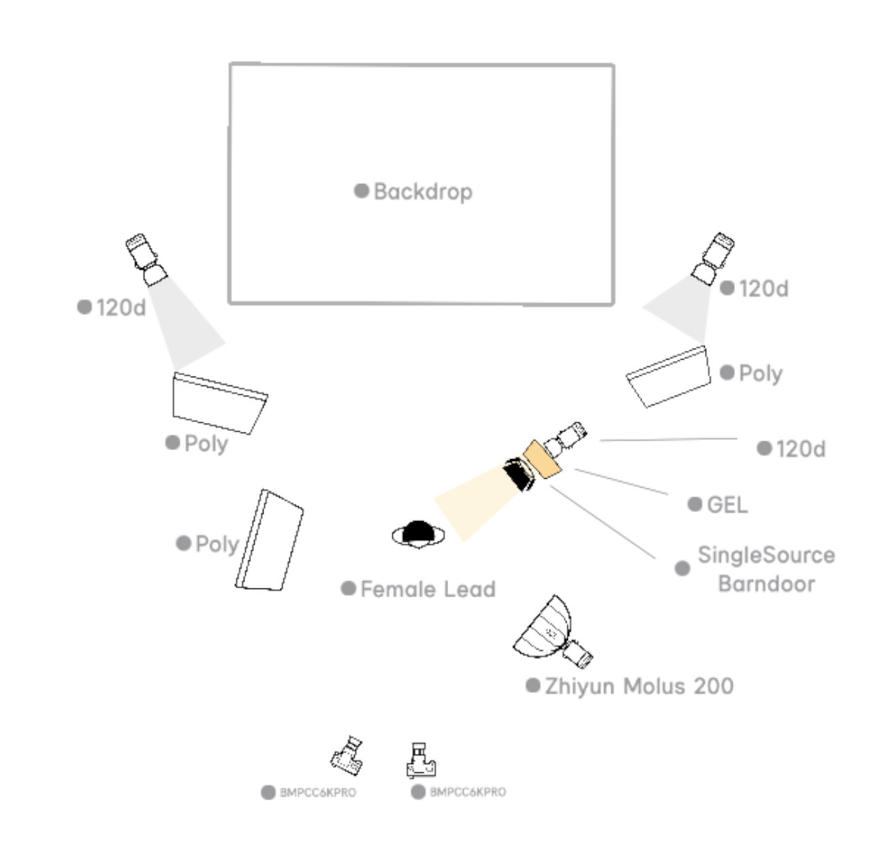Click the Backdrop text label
[x=423, y=191]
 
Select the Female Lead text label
[x=428, y=589]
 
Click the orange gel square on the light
[x=541, y=459]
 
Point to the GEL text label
[x=727, y=505]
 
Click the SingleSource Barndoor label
[x=766, y=569]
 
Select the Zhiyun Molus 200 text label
[x=639, y=686]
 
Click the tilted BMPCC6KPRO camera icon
[x=348, y=755]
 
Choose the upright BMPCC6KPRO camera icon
[x=421, y=760]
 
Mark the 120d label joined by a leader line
[x=801, y=449]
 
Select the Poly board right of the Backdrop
[x=668, y=377]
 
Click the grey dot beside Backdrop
[x=362, y=191]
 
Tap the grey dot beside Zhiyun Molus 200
[x=533, y=685]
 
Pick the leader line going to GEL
[x=622, y=481]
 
